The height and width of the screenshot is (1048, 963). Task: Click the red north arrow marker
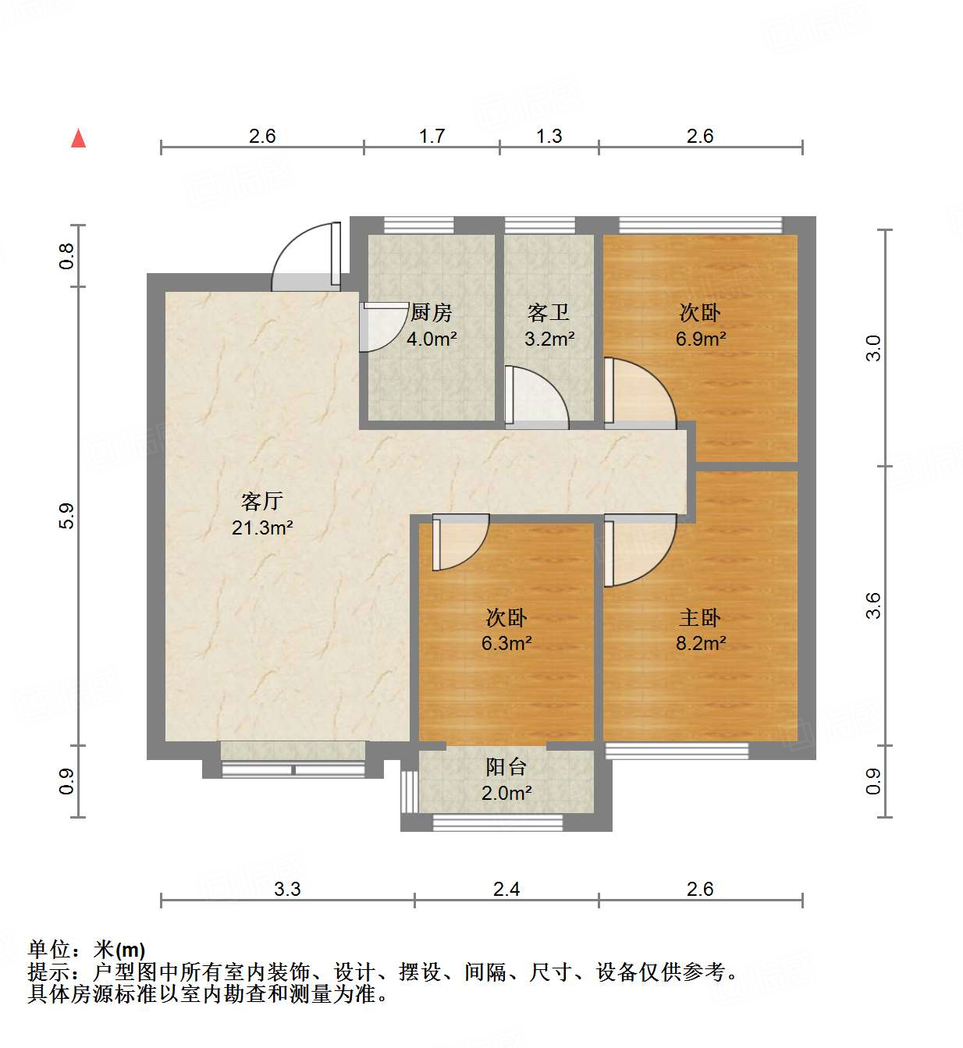pyautogui.click(x=78, y=138)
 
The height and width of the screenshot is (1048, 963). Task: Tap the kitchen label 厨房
pyautogui.click(x=431, y=313)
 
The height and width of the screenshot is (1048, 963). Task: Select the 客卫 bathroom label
pyautogui.click(x=549, y=313)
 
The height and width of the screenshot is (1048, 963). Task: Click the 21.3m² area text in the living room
pyautogui.click(x=262, y=528)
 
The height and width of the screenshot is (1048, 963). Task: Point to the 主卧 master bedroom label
pyautogui.click(x=700, y=618)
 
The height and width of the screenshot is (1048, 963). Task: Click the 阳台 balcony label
pyautogui.click(x=506, y=767)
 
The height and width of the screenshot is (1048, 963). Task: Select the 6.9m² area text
pyautogui.click(x=701, y=339)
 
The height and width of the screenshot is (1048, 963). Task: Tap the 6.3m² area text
pyautogui.click(x=506, y=644)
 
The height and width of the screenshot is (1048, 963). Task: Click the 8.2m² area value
pyautogui.click(x=701, y=644)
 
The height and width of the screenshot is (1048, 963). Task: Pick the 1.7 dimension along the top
pyautogui.click(x=432, y=137)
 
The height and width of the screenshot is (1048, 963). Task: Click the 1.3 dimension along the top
pyautogui.click(x=549, y=137)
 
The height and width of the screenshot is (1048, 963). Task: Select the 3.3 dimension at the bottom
pyautogui.click(x=287, y=890)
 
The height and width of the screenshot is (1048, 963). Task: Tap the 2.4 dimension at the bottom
pyautogui.click(x=506, y=890)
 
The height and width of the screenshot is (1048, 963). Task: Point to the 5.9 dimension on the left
pyautogui.click(x=67, y=516)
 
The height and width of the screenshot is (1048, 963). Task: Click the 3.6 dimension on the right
pyautogui.click(x=873, y=606)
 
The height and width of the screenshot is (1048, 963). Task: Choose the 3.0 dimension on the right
pyautogui.click(x=873, y=348)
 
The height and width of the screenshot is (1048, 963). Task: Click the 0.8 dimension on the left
pyautogui.click(x=67, y=256)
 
